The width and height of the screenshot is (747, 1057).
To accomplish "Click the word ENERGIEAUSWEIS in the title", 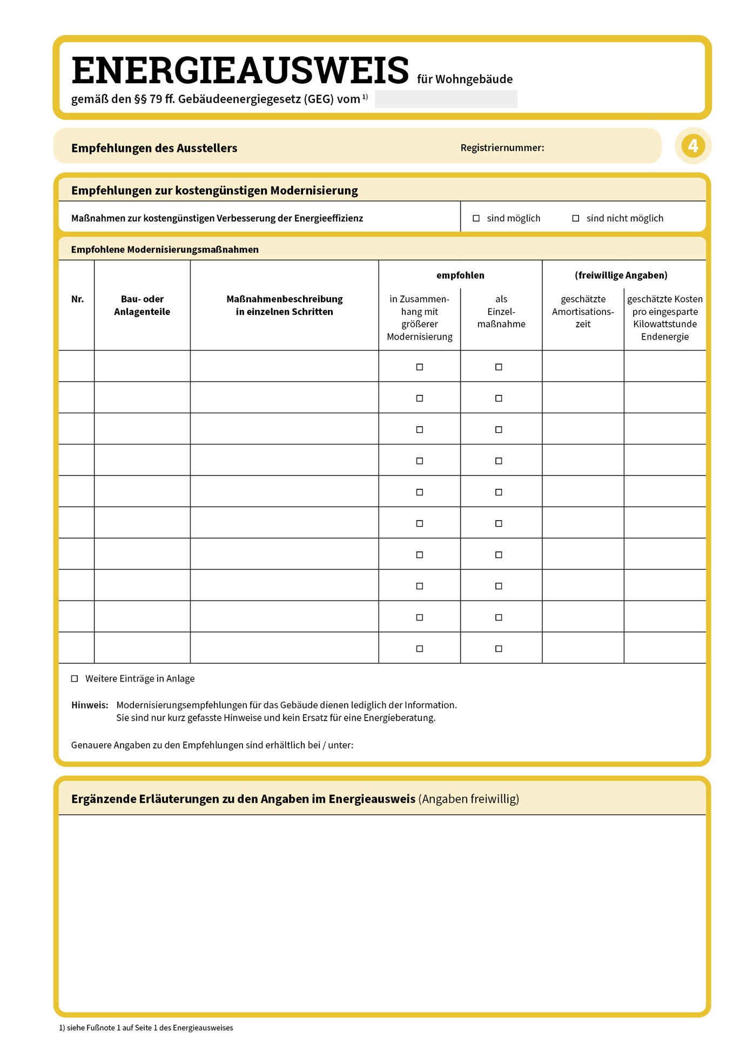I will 240,71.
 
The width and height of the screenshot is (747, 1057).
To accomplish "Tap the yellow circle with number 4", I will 692,146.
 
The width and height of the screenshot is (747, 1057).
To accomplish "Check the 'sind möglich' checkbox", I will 476,218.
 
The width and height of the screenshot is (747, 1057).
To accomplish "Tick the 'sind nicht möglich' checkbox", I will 575,218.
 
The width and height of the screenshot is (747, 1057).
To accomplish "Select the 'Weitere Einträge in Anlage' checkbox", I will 75,678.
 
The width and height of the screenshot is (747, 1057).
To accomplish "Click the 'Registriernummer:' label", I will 502,148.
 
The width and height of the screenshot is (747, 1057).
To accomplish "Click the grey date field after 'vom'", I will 446,99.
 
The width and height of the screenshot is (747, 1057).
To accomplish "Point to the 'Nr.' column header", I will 77,299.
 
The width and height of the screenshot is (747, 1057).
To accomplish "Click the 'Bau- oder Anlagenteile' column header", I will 142,305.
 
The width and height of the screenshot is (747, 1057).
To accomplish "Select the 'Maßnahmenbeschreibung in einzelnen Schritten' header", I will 284,305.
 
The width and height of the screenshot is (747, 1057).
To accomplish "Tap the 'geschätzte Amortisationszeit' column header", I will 583,312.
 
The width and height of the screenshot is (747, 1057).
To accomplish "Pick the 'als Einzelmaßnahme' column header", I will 501,312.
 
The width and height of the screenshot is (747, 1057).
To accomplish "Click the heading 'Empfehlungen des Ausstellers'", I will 154,148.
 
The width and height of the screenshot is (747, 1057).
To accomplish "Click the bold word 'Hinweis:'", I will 90,705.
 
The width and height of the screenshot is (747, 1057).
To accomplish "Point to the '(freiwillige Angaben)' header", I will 621,275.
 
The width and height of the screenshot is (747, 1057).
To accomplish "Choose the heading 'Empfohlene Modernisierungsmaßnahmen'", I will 165,250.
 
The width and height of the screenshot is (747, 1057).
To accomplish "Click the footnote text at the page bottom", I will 146,1028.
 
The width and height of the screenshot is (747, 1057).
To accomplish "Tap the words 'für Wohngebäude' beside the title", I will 465,79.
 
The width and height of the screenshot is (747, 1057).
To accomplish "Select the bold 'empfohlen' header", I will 460,275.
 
